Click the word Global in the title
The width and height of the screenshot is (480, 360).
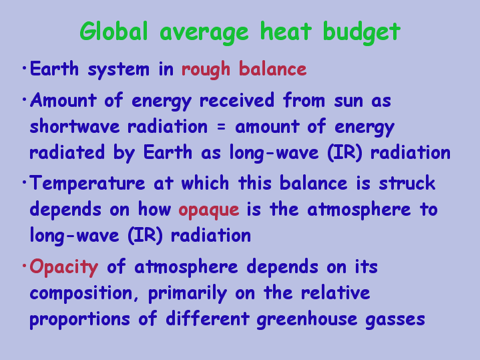(114, 31)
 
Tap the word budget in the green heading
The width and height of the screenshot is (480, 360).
(362, 33)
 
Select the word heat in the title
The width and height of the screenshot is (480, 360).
(286, 31)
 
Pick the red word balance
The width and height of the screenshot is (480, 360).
(273, 68)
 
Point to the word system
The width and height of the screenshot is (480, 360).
(119, 70)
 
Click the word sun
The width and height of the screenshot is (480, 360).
(348, 102)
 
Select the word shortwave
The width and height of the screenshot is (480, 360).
(75, 126)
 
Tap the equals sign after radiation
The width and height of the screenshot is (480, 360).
(221, 127)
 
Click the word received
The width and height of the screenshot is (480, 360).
(236, 100)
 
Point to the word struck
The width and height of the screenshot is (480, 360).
(407, 183)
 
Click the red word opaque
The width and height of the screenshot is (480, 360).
(209, 211)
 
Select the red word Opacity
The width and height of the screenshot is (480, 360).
(64, 268)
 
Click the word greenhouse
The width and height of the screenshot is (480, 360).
(306, 320)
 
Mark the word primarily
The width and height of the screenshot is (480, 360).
(188, 294)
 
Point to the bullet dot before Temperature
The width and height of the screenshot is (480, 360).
(24, 182)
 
